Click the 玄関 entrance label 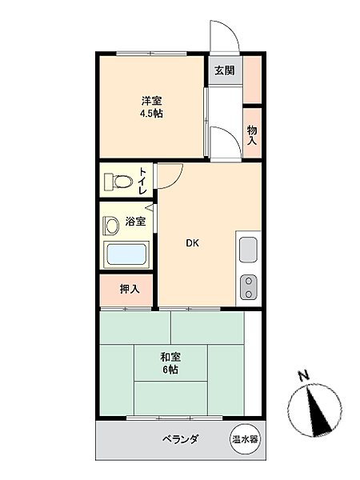tap(224, 70)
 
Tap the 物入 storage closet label tap(251, 134)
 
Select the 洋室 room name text tap(152, 101)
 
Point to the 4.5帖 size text tap(152, 114)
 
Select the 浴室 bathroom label tap(135, 222)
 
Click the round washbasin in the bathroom tap(113, 222)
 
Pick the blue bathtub tap(127, 254)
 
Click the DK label tap(193, 243)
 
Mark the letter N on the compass tap(302, 375)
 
